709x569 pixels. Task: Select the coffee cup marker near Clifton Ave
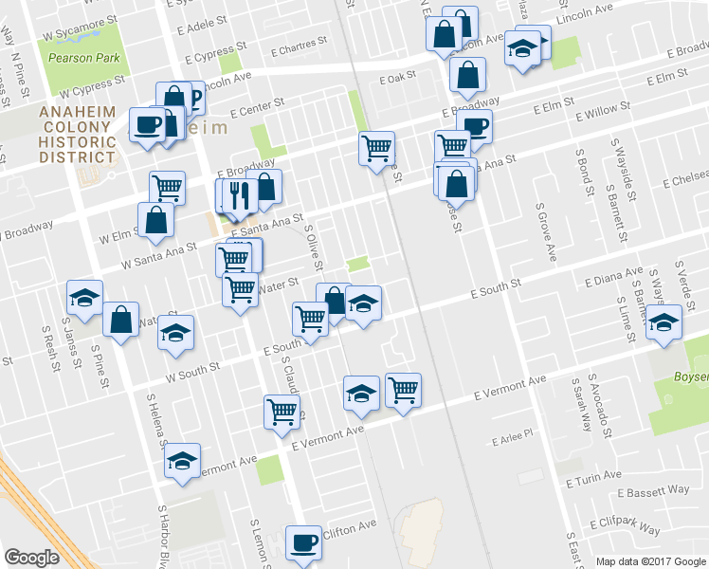click(x=303, y=542)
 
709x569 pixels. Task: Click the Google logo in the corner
click(x=31, y=557)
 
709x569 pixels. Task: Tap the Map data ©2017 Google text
click(x=650, y=561)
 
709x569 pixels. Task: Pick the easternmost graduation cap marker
click(x=664, y=323)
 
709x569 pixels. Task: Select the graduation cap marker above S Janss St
click(x=85, y=298)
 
